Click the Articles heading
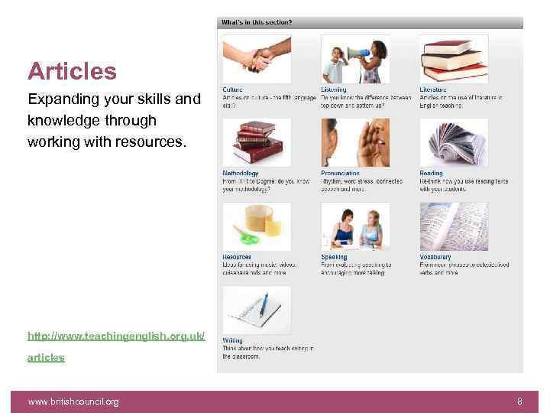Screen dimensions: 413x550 tap(72, 72)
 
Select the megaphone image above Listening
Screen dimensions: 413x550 tap(355, 58)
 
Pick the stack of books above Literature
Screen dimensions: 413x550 tap(454, 58)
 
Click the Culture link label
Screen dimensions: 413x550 tap(233, 90)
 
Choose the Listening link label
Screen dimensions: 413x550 tap(333, 90)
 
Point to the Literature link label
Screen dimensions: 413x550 tap(433, 90)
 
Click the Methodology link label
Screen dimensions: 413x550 tap(241, 174)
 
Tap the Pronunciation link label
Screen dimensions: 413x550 tap(341, 174)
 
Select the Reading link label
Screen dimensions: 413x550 tap(431, 174)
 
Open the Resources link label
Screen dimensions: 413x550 tap(237, 257)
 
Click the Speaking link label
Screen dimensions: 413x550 tap(334, 257)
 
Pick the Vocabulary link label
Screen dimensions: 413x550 tap(435, 257)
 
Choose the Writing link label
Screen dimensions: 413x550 tap(232, 340)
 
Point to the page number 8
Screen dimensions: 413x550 tap(519, 402)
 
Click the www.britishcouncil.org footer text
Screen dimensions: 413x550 tap(73, 402)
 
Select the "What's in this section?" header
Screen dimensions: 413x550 tap(257, 23)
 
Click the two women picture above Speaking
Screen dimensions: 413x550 tap(355, 226)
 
